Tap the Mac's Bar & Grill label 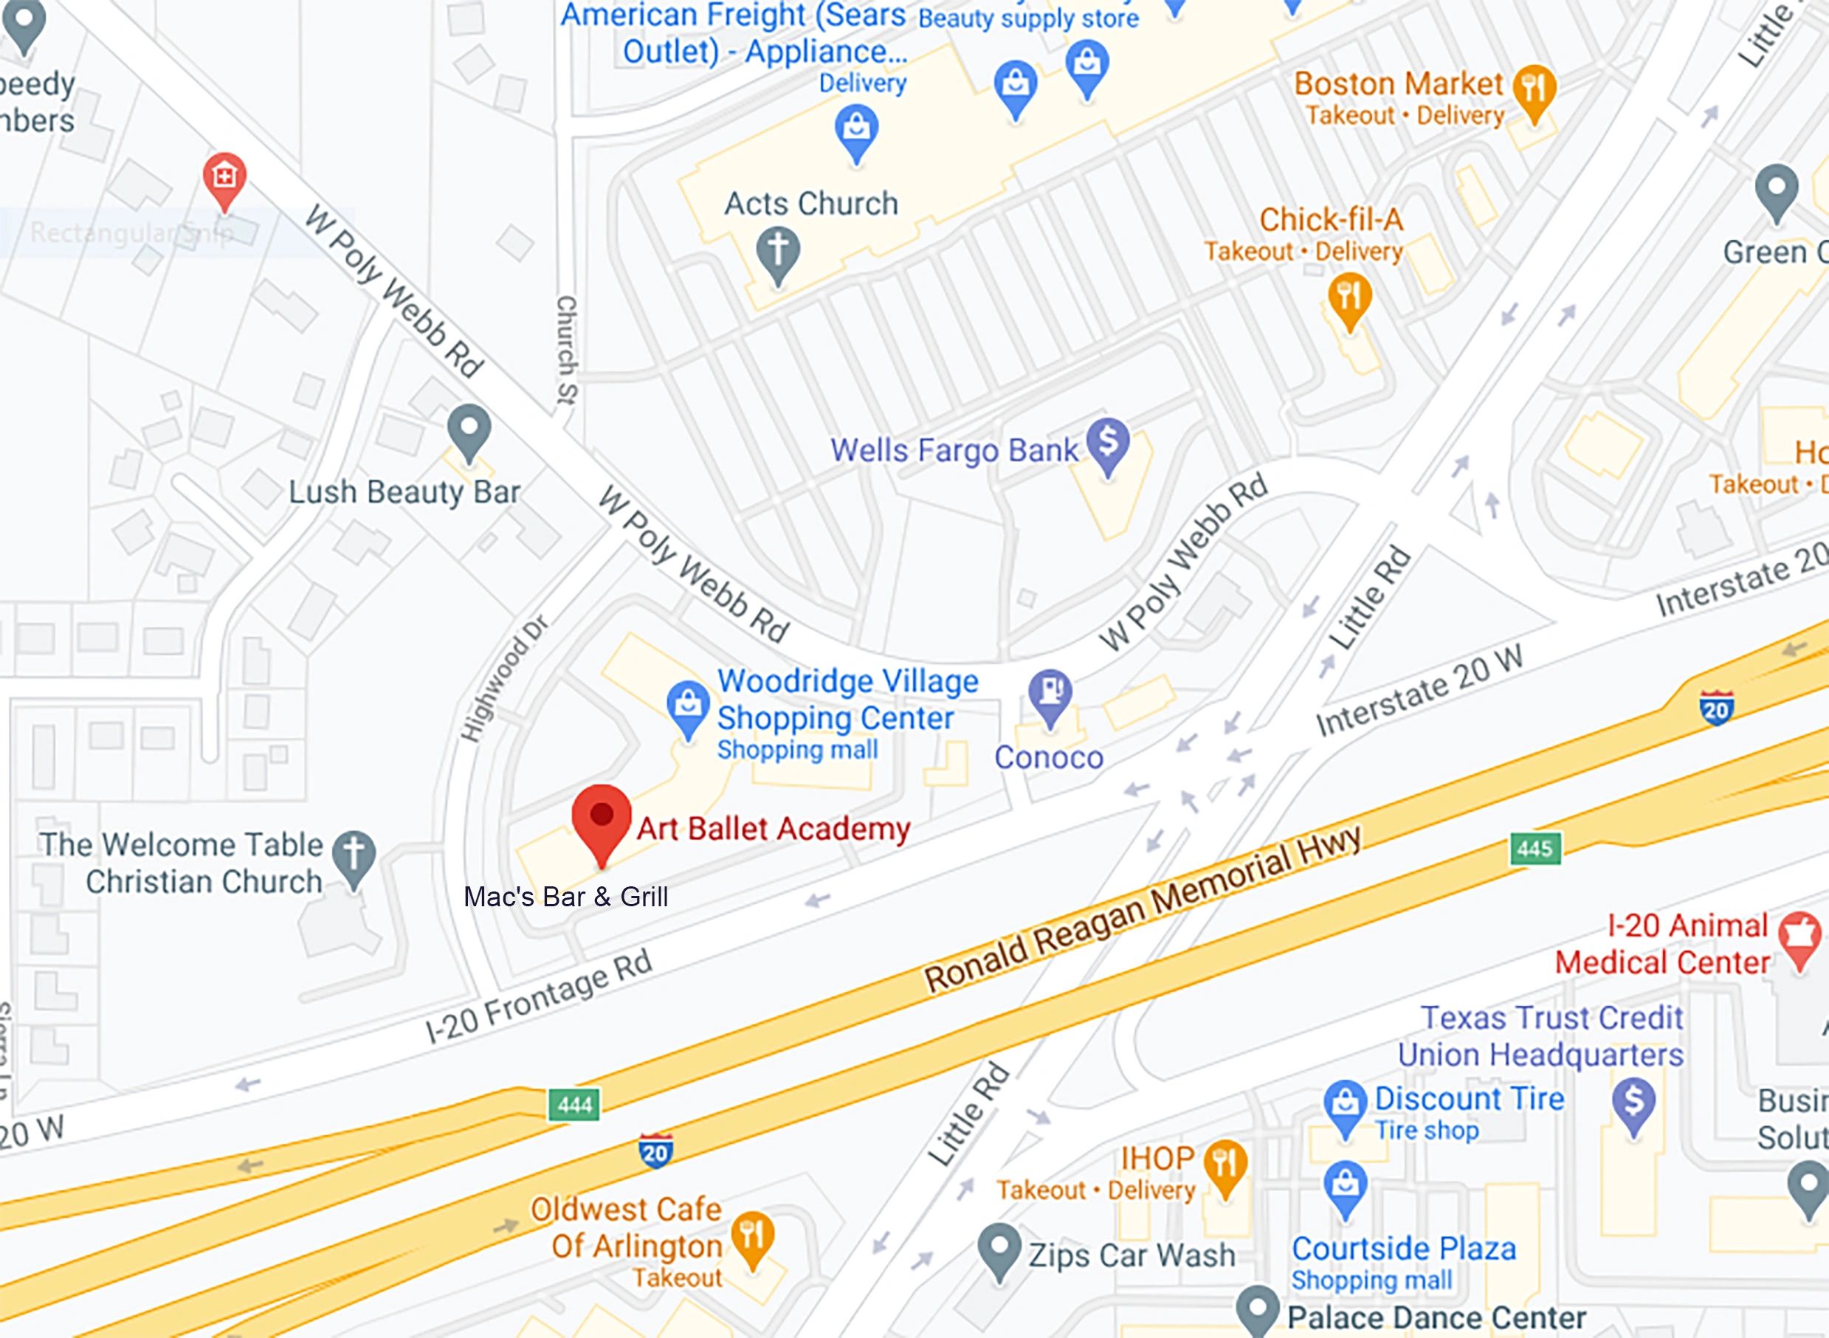[565, 897]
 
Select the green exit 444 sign [574, 1105]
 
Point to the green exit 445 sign [1534, 849]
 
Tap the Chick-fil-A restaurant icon [1349, 297]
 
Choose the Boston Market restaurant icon [1533, 89]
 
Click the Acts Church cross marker [778, 251]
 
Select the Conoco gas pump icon [1050, 693]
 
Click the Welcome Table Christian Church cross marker [354, 855]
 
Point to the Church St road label [566, 349]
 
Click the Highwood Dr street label [503, 679]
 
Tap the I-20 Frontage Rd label [539, 997]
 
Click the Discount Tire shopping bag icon [1345, 1103]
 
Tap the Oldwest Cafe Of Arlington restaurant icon [753, 1236]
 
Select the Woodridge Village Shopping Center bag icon [688, 704]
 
